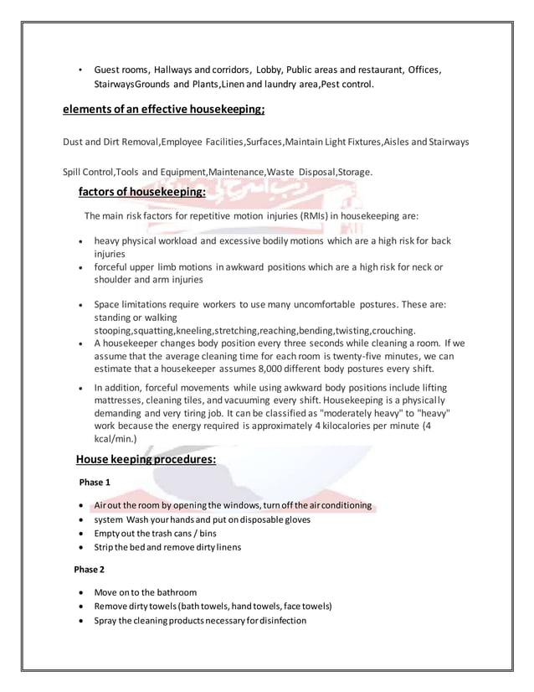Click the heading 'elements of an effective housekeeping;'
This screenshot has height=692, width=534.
[164, 109]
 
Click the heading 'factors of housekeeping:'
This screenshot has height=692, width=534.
[141, 192]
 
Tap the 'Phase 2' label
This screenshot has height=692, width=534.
[90, 570]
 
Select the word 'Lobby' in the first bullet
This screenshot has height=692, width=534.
[270, 70]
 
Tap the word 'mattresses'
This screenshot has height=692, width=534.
[121, 401]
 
